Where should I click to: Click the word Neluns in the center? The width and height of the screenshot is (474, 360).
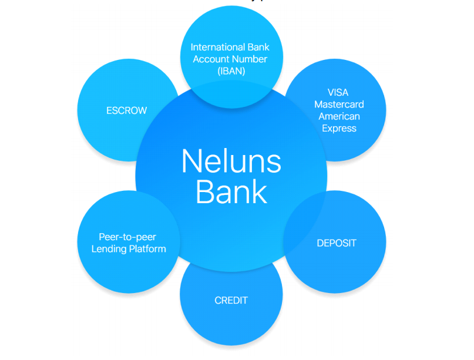(x=231, y=161)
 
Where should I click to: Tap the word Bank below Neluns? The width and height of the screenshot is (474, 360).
(x=231, y=192)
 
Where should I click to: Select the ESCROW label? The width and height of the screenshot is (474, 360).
(x=127, y=110)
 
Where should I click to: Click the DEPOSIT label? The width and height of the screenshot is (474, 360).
(x=336, y=243)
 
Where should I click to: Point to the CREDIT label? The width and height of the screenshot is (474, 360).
(x=231, y=300)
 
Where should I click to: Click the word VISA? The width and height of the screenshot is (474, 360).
(x=339, y=92)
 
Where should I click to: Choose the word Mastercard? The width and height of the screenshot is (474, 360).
(x=339, y=104)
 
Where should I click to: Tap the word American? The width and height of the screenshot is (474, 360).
(x=339, y=116)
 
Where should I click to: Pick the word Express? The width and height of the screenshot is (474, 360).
(x=339, y=128)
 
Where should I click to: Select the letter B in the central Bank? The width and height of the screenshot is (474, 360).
(x=204, y=192)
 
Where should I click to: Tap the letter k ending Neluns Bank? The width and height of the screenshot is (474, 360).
(x=260, y=192)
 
